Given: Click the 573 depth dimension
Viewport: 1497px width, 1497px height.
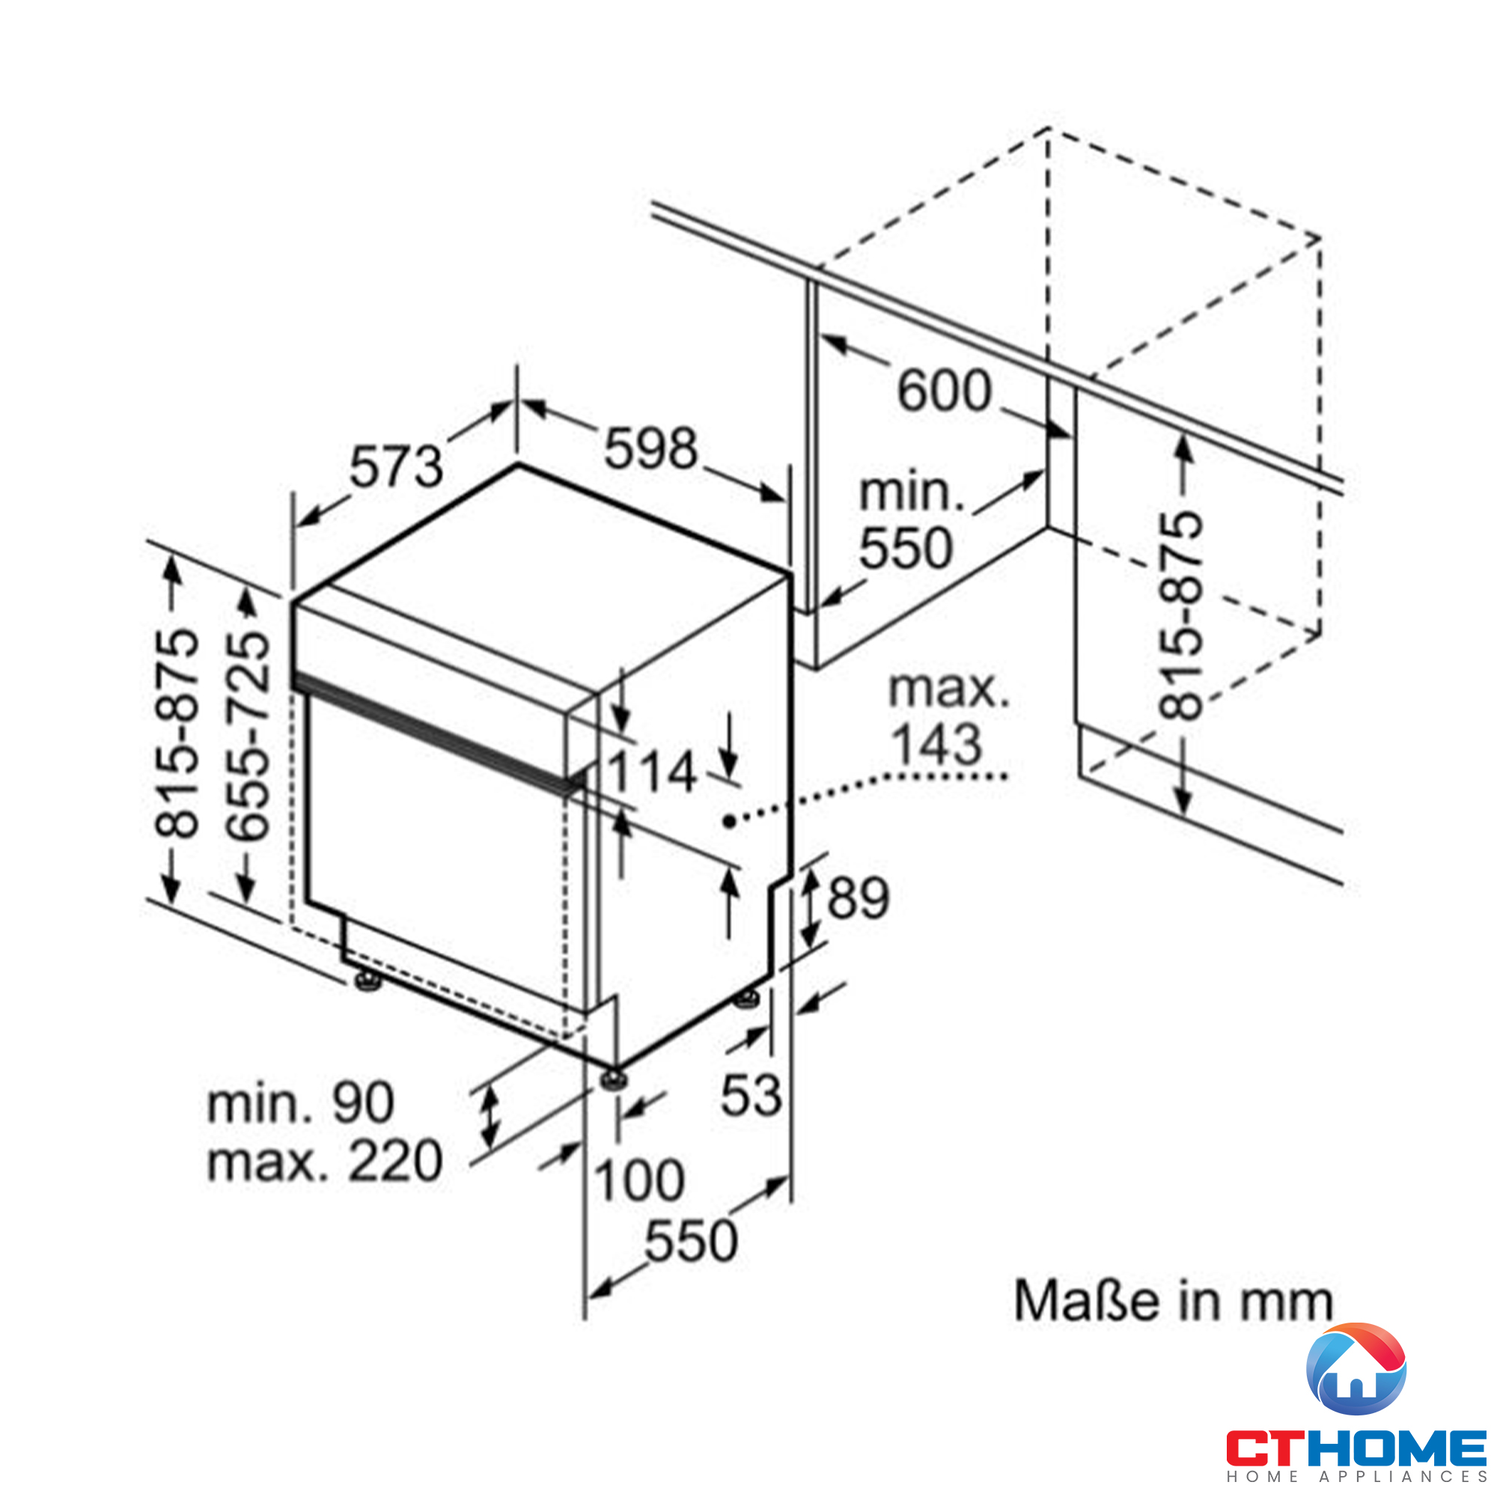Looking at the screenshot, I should pos(396,467).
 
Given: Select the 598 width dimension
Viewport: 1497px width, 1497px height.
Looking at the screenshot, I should pos(651,448).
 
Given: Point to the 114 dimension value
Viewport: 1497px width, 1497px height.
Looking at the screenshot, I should pos(651,772).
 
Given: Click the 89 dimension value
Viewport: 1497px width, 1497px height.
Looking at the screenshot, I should pos(859,898).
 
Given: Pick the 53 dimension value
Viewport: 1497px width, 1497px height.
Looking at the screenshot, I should pos(751,1096).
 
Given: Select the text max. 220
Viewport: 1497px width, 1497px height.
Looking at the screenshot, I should pos(325,1162).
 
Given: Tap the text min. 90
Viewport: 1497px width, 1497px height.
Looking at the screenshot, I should pos(301,1103).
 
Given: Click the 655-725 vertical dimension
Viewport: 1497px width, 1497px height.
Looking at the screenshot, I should pos(248,734).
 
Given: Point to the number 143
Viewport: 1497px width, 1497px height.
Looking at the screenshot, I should pos(937,745).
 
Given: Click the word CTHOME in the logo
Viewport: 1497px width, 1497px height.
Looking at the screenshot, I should pos(1357,1448).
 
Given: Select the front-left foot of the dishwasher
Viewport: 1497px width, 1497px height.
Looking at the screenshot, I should pos(368,981).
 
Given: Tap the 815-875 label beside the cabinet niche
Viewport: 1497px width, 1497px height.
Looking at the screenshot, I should pos(1180,616).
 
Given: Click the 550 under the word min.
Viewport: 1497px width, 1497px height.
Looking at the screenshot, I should pos(905,548).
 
